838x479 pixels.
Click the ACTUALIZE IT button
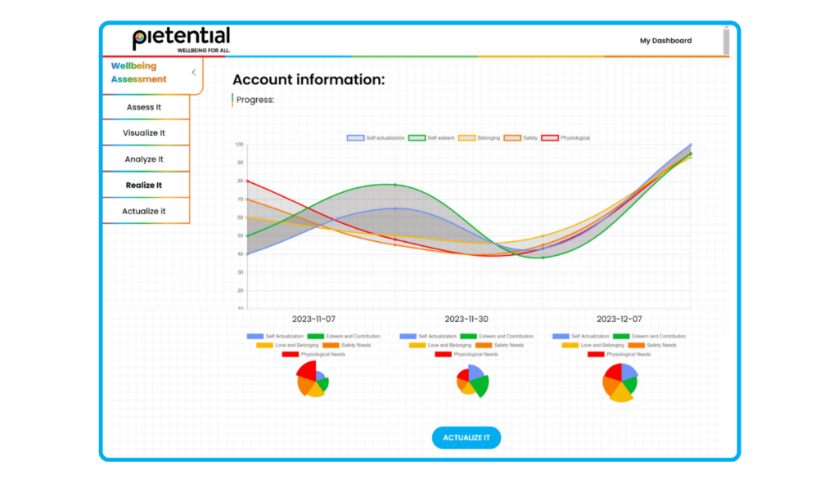tap(466, 437)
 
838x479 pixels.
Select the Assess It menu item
tap(144, 107)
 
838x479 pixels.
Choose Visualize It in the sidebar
tap(144, 133)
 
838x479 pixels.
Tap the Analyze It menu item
tap(144, 159)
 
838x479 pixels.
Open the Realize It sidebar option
tap(144, 186)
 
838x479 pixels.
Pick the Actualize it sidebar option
tap(144, 211)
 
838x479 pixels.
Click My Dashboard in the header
tap(665, 41)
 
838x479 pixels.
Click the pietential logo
tap(182, 39)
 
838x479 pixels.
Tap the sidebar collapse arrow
tap(194, 73)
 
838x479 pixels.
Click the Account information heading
tap(309, 80)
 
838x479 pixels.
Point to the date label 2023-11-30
tap(466, 319)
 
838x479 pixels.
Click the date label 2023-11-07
tap(314, 319)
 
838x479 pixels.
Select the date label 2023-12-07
tap(619, 319)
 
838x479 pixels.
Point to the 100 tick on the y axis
tap(239, 145)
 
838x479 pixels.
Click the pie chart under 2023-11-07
tap(311, 379)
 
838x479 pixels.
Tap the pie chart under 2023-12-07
tap(619, 382)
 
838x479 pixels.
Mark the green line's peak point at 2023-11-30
tap(395, 185)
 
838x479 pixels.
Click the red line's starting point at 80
tap(248, 181)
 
